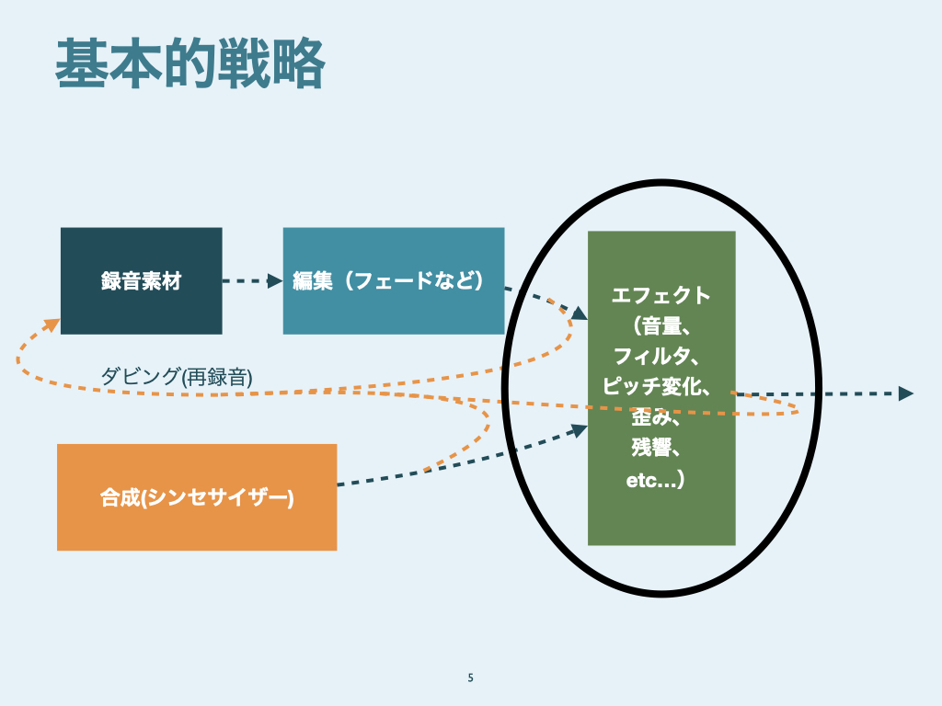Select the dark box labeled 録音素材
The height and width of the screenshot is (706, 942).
pos(141,280)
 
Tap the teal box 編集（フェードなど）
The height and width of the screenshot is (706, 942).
pos(393,280)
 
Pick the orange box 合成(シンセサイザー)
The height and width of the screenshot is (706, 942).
pos(196,497)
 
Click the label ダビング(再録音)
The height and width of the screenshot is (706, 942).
pos(176,375)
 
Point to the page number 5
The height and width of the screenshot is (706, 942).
pos(471,678)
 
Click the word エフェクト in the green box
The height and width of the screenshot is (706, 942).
pos(661,295)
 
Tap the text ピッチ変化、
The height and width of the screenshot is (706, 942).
pos(657,386)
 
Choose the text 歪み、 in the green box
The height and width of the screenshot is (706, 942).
pos(656,418)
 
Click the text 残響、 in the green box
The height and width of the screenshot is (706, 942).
pos(656,449)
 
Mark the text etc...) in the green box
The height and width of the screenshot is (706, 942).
pos(654,480)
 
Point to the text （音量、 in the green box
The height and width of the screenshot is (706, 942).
pos(661,325)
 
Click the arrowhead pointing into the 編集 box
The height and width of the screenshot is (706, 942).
pos(275,281)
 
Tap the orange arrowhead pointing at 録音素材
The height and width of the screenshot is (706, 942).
pos(52,325)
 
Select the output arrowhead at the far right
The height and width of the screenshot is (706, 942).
pos(905,393)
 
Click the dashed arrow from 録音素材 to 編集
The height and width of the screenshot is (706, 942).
pos(248,281)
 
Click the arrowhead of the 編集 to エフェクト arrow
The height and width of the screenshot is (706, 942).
pos(579,313)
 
